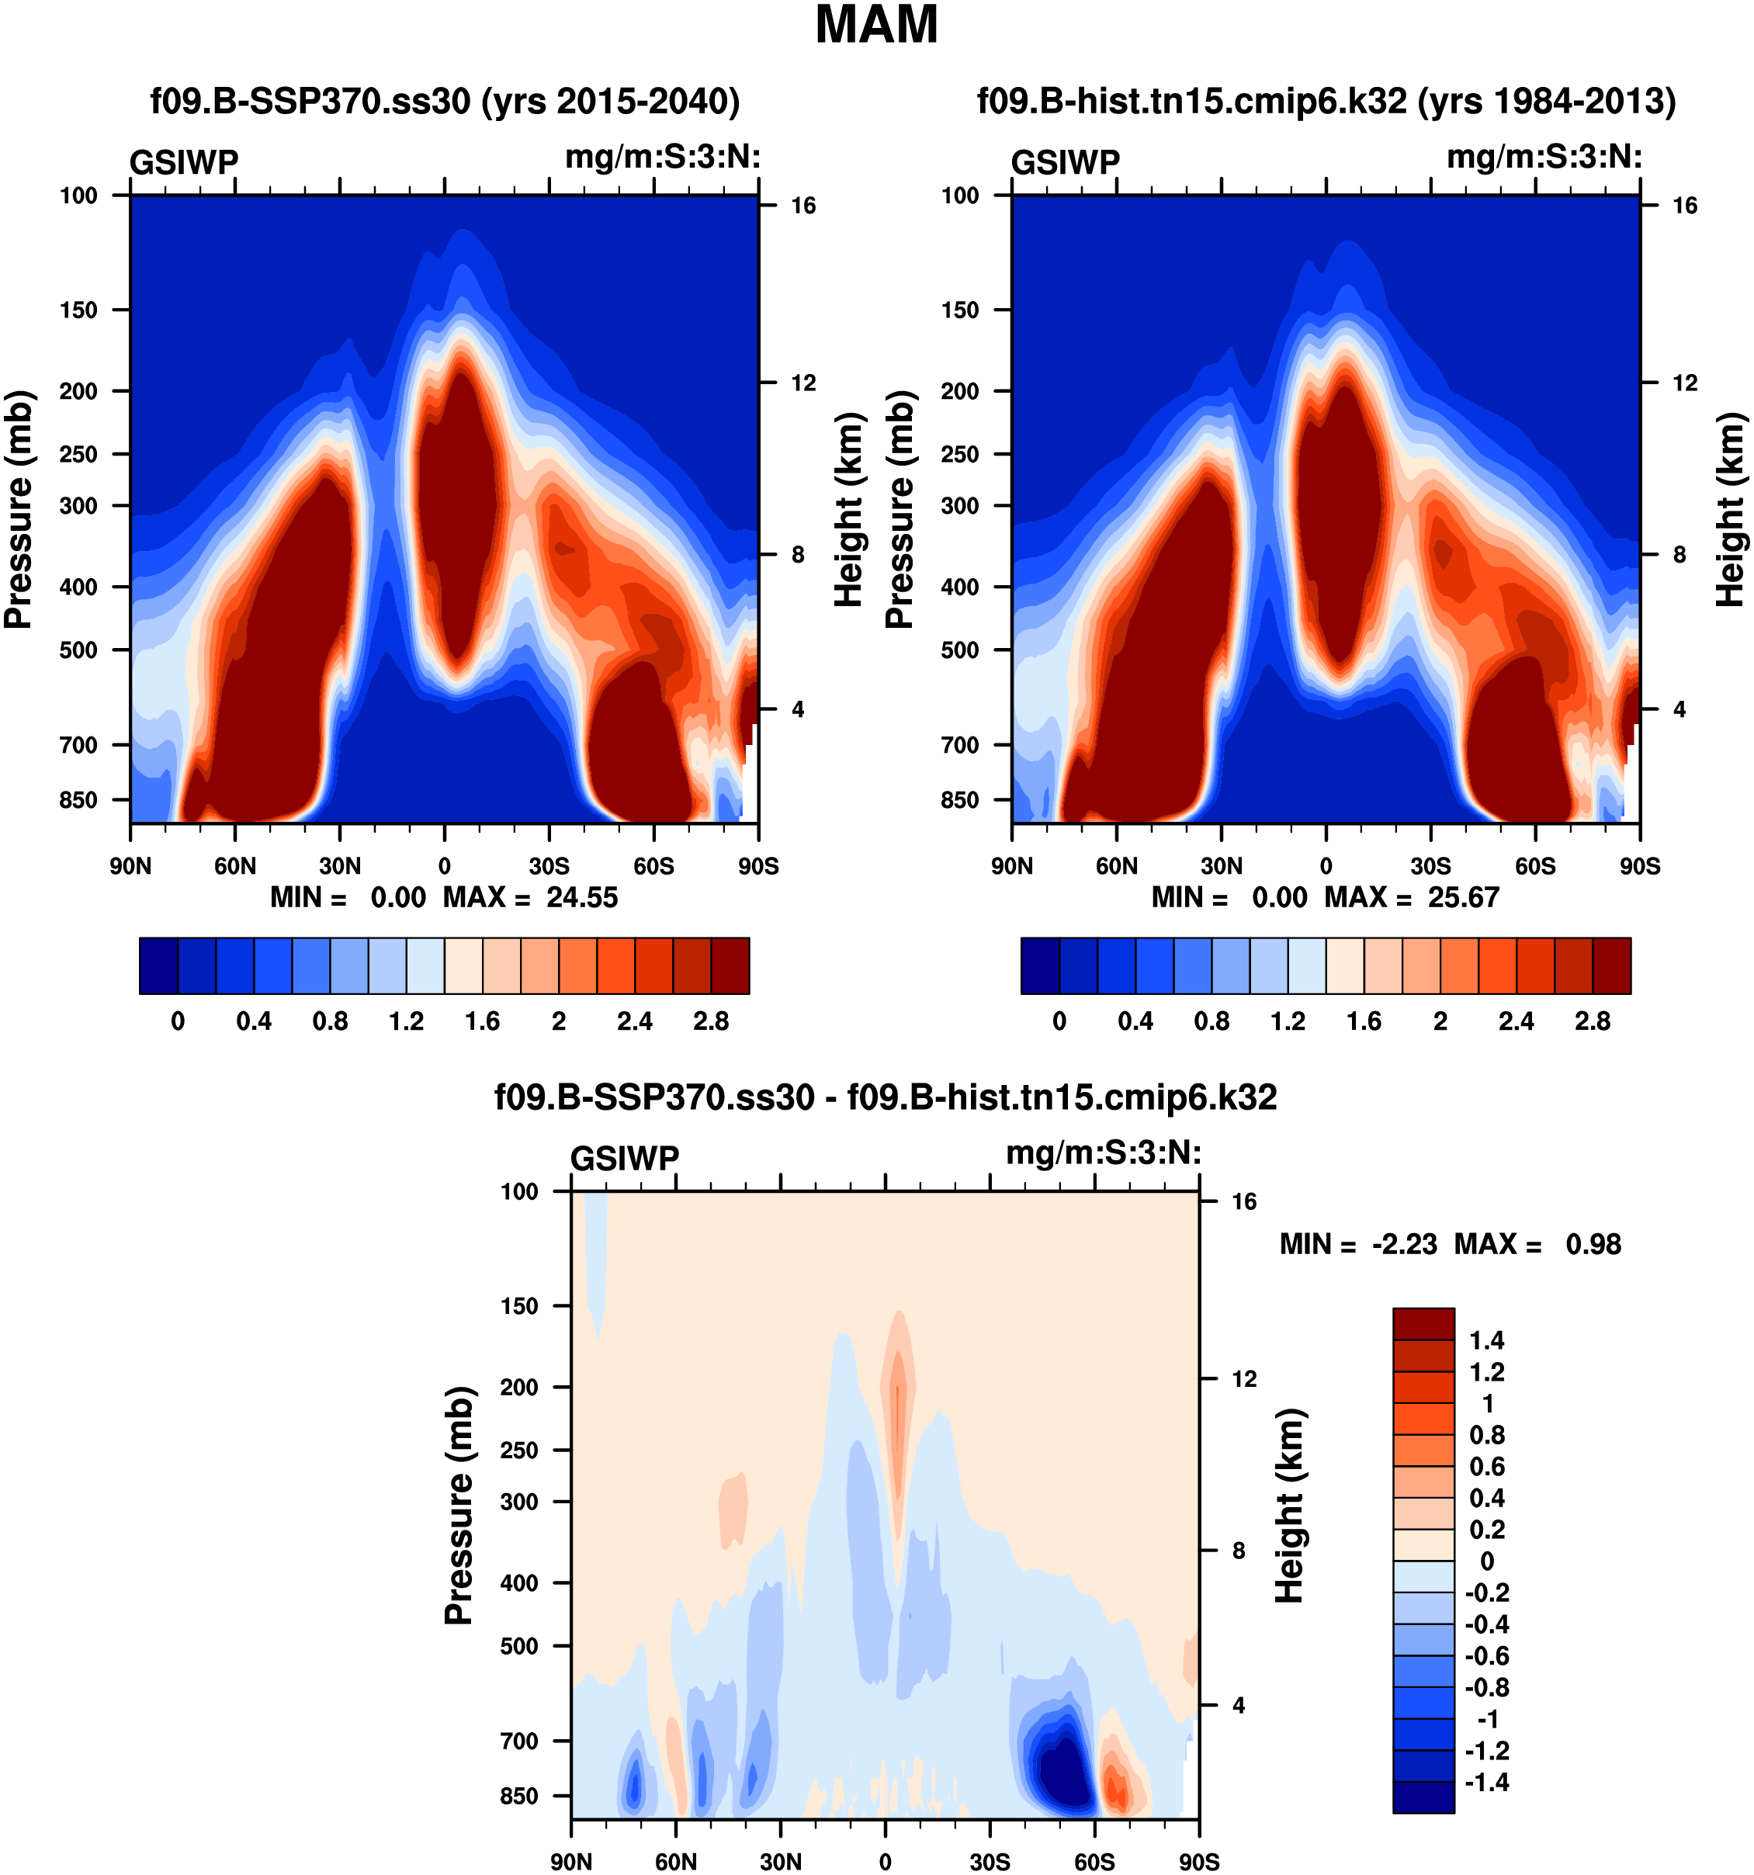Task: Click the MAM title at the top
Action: pos(876,26)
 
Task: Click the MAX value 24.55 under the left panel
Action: pos(582,897)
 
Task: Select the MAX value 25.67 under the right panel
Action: pos(1463,897)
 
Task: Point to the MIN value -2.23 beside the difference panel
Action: pos(1404,1244)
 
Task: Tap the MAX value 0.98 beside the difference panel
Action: pos(1593,1244)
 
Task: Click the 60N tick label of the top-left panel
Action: pos(235,866)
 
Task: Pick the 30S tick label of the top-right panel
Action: pos(1430,866)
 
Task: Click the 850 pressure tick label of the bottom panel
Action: pos(519,1796)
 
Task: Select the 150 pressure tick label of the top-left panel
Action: pos(78,310)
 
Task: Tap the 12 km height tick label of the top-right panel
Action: pos(1684,383)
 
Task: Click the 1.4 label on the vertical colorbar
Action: pos(1487,1340)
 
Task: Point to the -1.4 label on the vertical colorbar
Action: pos(1486,1782)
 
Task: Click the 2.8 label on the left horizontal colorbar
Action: pos(711,1021)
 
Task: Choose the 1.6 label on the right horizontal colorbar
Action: pos(1364,1021)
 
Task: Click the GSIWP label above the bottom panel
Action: pos(624,1158)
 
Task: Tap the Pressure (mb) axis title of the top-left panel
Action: pos(19,509)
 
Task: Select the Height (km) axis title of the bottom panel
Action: pos(1289,1506)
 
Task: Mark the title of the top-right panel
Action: pos(1326,101)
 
